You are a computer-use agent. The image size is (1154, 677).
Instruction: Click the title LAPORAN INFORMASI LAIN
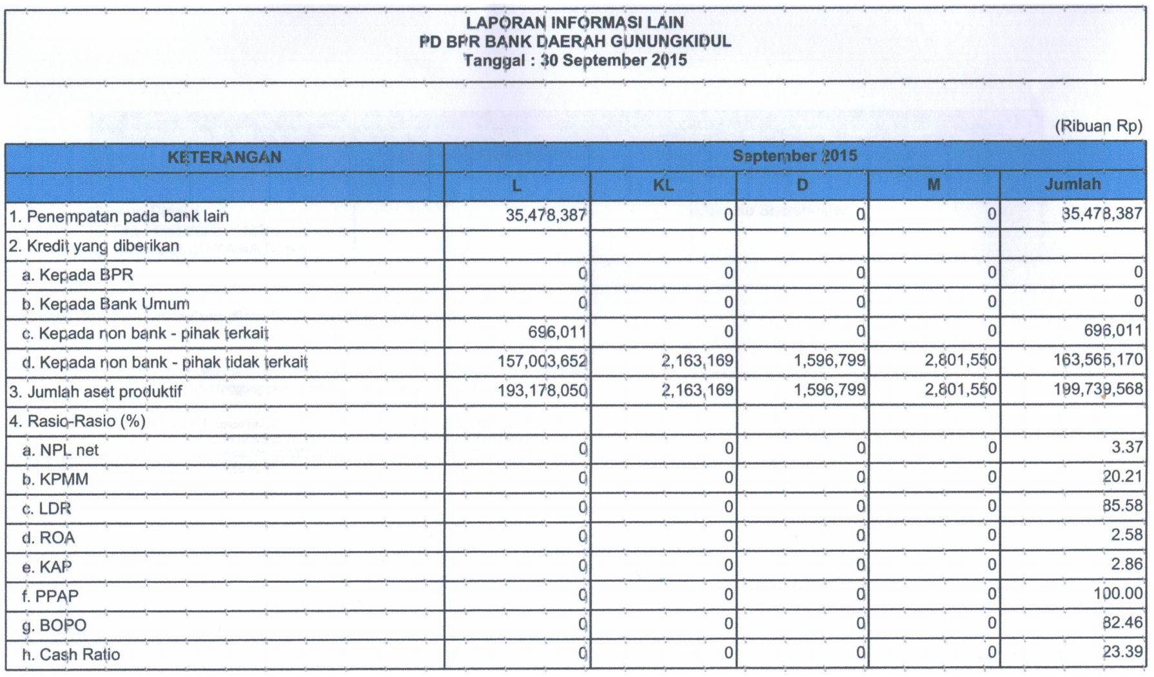pyautogui.click(x=574, y=23)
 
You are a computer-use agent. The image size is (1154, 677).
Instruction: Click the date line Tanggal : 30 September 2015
pyautogui.click(x=575, y=61)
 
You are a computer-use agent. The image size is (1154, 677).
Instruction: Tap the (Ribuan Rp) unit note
pyautogui.click(x=1098, y=126)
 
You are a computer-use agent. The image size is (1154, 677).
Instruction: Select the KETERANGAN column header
pyautogui.click(x=224, y=157)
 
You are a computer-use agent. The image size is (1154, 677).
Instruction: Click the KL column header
pyautogui.click(x=663, y=186)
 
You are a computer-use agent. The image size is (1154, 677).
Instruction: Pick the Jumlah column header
pyautogui.click(x=1072, y=184)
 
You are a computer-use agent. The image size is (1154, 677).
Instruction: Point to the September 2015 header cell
pyautogui.click(x=794, y=156)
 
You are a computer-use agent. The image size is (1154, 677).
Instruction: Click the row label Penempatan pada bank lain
pyautogui.click(x=119, y=217)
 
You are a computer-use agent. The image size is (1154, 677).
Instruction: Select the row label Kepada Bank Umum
pyautogui.click(x=106, y=304)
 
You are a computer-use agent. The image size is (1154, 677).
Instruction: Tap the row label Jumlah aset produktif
pyautogui.click(x=96, y=392)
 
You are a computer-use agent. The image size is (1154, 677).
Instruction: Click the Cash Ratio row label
pyautogui.click(x=71, y=654)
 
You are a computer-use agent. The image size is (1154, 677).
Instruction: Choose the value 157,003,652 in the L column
pyautogui.click(x=542, y=361)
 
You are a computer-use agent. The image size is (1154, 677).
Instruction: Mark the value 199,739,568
pyautogui.click(x=1098, y=389)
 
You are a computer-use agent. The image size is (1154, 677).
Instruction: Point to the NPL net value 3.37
pyautogui.click(x=1127, y=447)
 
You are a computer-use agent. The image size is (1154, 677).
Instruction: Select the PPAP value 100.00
pyautogui.click(x=1118, y=593)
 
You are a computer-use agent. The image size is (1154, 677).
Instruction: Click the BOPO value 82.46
pyautogui.click(x=1122, y=622)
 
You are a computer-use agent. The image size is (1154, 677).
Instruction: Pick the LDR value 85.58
pyautogui.click(x=1122, y=505)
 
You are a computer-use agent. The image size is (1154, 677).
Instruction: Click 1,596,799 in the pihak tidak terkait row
pyautogui.click(x=829, y=360)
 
